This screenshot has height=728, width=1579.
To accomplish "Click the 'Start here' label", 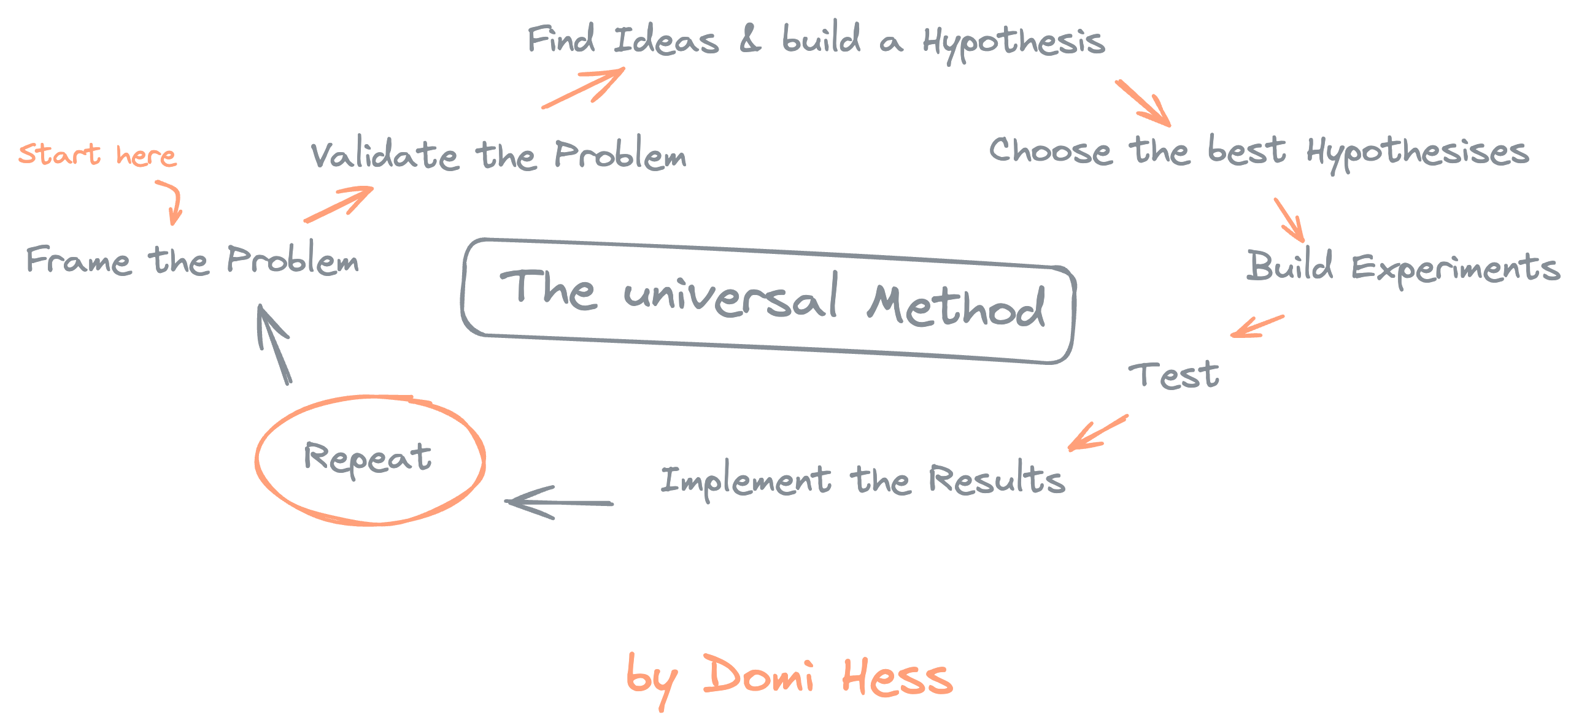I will click(97, 154).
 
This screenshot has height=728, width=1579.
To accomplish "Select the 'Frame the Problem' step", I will click(192, 260).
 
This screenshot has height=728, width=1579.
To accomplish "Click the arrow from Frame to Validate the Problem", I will click(339, 204).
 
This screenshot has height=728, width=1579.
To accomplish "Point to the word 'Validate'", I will click(384, 155).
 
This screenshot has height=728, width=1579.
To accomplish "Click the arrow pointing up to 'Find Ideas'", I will click(584, 88).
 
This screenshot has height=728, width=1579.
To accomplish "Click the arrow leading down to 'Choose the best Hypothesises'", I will click(1143, 102).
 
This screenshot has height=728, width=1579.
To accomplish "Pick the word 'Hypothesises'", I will click(1417, 153).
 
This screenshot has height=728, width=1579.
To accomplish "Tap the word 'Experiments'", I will click(1455, 268).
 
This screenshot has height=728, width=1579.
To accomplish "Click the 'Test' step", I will click(1174, 375).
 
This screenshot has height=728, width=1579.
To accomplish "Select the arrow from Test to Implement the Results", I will click(1097, 432).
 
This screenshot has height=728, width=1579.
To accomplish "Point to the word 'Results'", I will click(997, 479).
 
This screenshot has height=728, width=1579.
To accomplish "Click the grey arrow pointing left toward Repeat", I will click(558, 503).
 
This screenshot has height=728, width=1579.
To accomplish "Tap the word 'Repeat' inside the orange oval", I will click(368, 458).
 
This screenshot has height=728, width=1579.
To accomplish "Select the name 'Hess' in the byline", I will click(897, 677).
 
